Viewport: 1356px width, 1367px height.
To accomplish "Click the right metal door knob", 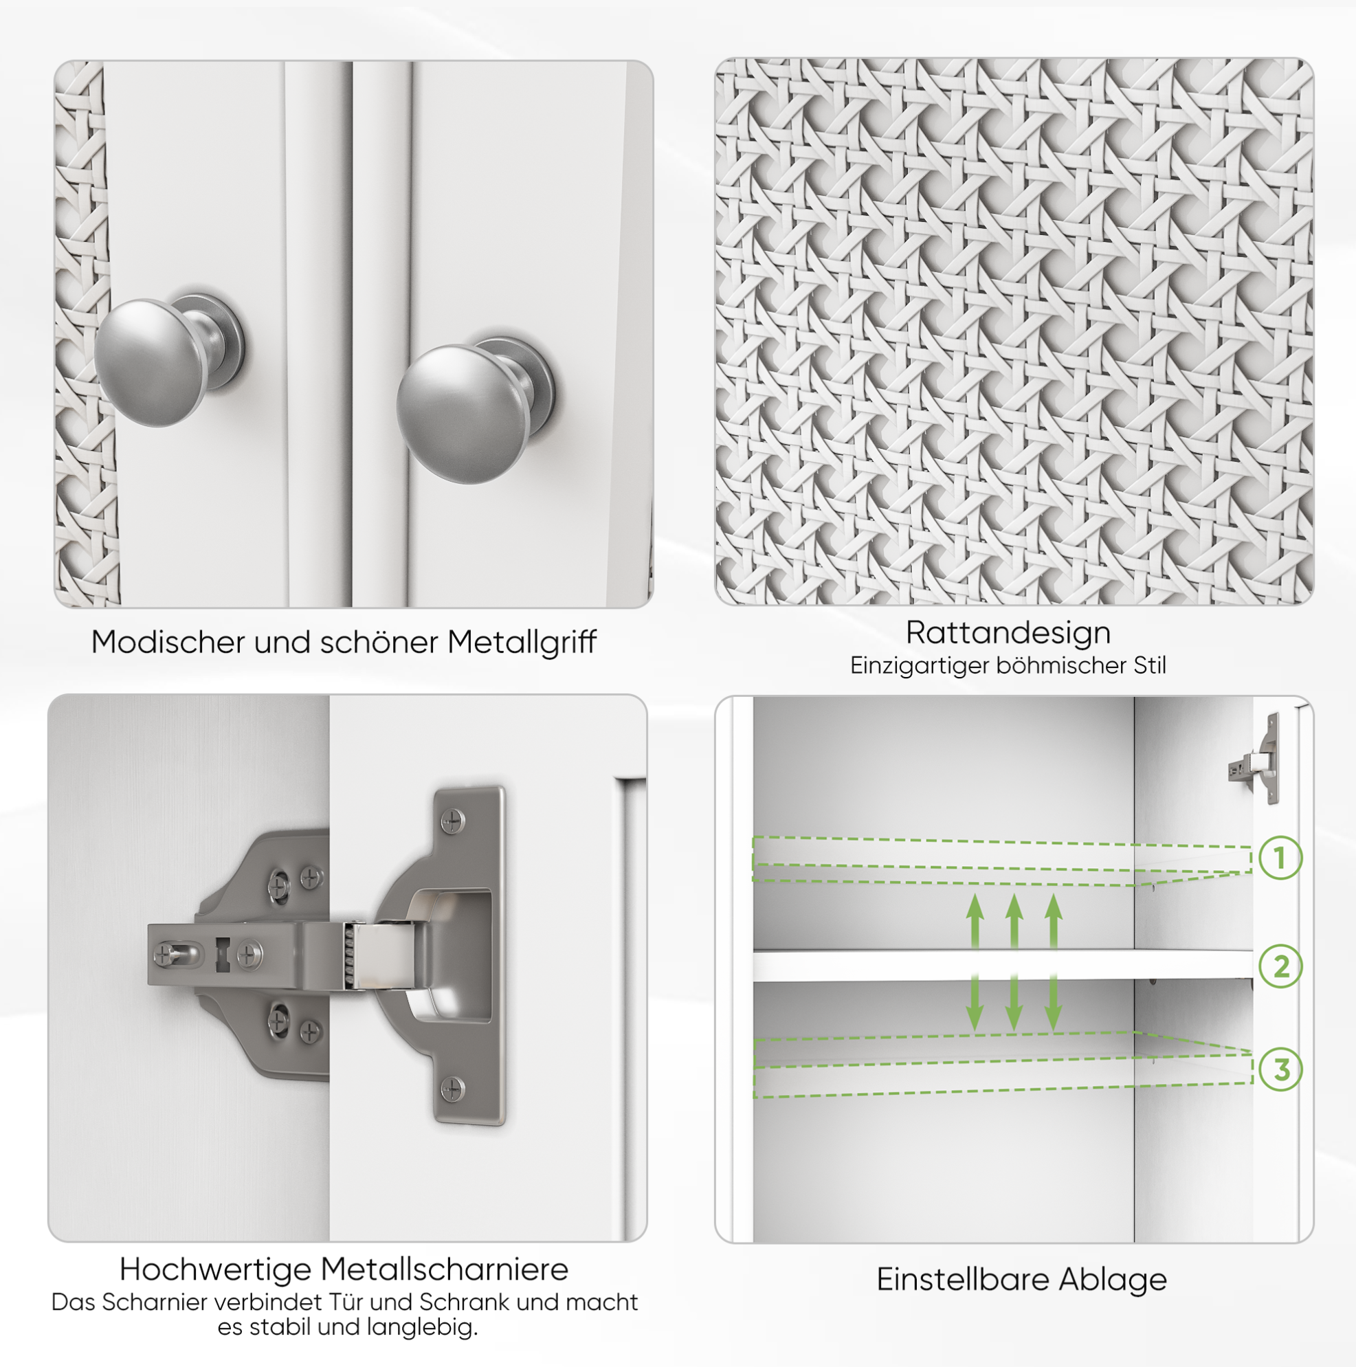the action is (474, 410).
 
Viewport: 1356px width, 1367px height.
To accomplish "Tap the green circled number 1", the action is (1281, 858).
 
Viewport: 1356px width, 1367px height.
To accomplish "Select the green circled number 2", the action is (1281, 966).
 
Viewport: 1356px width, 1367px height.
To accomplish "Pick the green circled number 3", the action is (1281, 1069).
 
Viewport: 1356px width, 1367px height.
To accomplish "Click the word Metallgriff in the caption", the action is (522, 643).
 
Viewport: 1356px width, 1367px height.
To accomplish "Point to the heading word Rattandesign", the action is (1008, 632).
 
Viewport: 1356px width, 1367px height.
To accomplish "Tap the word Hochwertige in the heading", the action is (216, 1269).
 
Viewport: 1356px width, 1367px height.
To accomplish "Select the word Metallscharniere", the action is (445, 1269).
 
